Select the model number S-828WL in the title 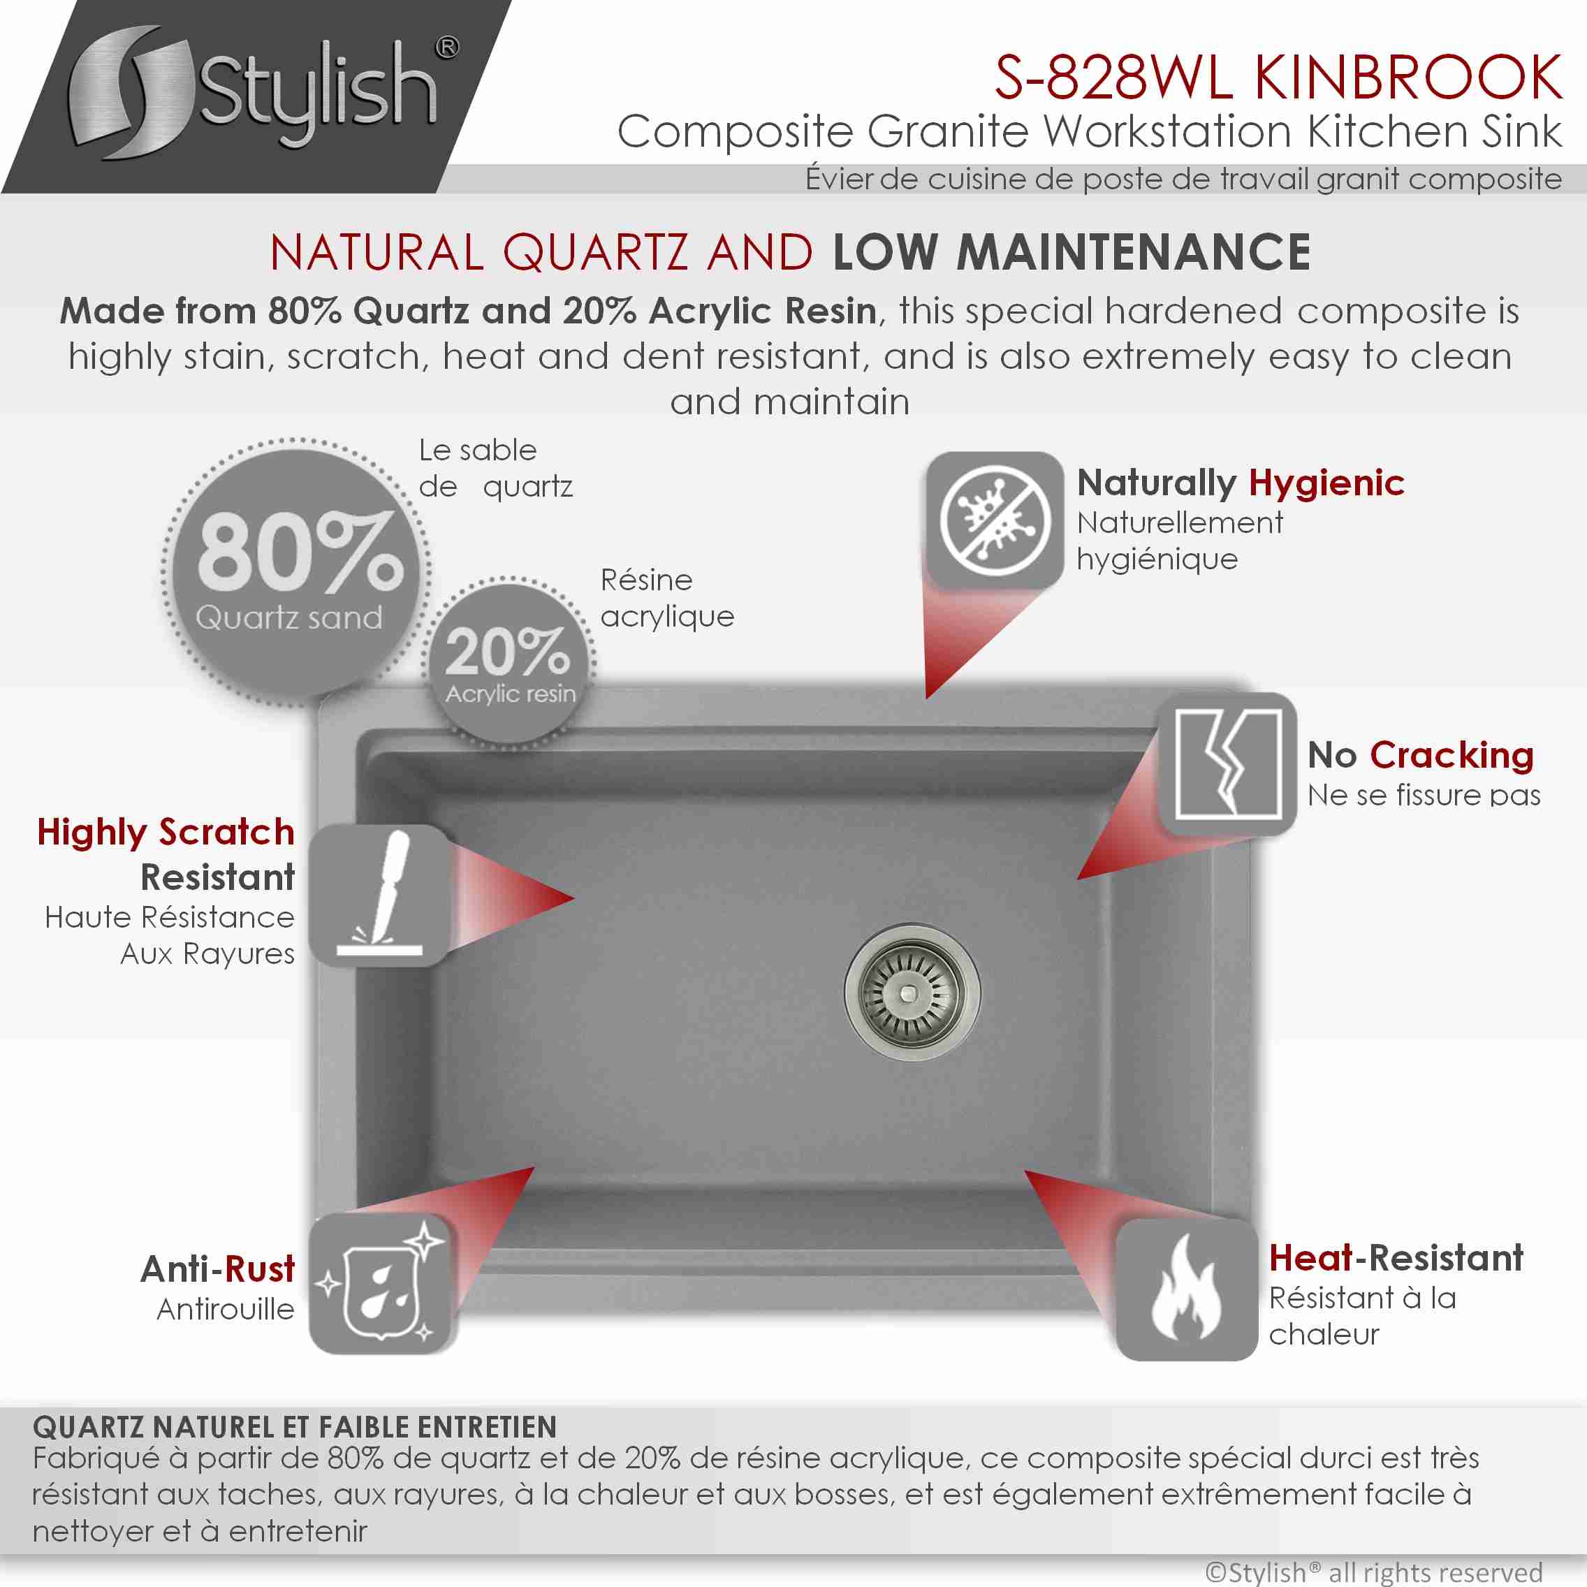click(1113, 78)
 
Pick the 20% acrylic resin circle click(510, 662)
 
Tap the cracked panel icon click(1228, 764)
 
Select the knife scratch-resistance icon click(379, 895)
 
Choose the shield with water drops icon click(379, 1283)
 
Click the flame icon click(1186, 1289)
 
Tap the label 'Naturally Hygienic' click(1241, 483)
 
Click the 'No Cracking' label click(1420, 754)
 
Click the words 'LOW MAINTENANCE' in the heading click(1072, 252)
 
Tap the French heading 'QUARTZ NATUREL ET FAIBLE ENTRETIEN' click(295, 1427)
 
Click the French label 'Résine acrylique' click(667, 598)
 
